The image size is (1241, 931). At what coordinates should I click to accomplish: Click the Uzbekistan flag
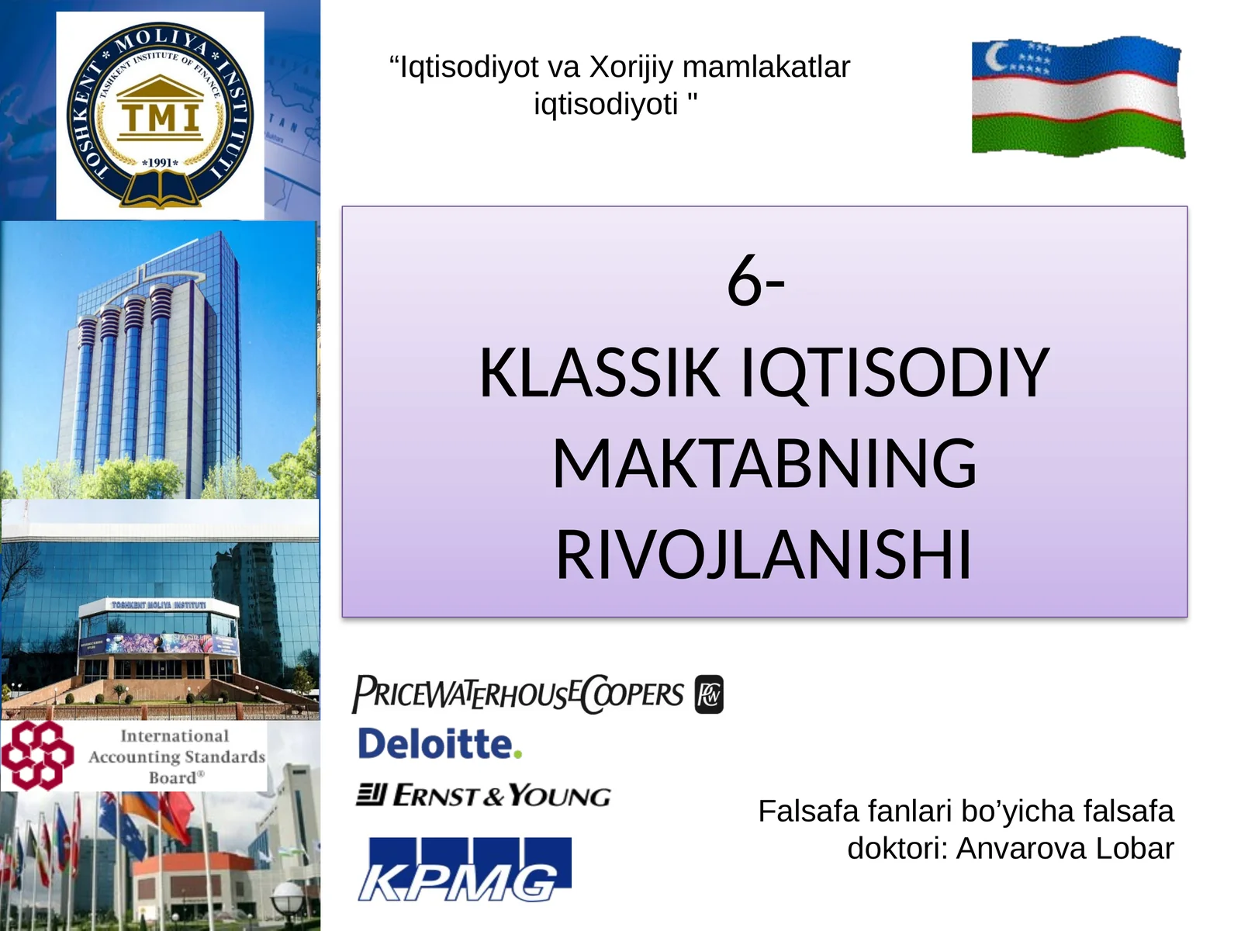click(1078, 97)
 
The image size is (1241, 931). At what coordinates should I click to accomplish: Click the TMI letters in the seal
click(161, 118)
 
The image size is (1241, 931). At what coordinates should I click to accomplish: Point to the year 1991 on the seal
click(161, 163)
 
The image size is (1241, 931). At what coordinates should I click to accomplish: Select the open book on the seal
click(161, 189)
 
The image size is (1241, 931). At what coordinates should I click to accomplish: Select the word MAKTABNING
click(764, 464)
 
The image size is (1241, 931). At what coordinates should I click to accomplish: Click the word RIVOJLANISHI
click(764, 555)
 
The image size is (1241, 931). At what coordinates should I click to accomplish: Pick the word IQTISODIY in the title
click(896, 373)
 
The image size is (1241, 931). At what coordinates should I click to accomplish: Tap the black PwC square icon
click(709, 694)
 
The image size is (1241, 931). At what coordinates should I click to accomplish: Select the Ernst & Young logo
click(483, 795)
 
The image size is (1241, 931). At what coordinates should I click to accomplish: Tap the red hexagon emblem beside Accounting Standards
click(36, 755)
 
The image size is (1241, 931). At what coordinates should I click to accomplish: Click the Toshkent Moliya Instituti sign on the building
click(158, 604)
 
